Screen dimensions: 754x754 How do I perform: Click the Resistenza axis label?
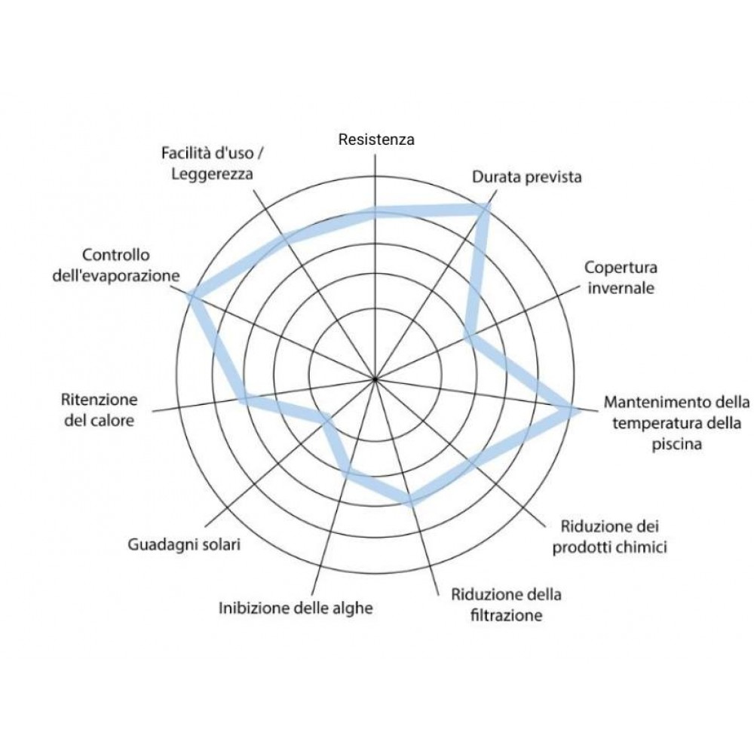coord(376,139)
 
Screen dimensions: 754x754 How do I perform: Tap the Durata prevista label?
coord(526,177)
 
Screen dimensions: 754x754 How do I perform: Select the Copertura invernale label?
coord(620,277)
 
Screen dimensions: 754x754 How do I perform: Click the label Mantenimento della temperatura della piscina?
coord(676,422)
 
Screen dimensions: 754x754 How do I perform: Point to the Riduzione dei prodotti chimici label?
coord(609,537)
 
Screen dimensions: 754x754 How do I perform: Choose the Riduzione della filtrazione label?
coord(506,605)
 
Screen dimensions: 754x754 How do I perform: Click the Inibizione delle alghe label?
coord(296,608)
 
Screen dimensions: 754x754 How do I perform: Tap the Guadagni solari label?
coord(184,544)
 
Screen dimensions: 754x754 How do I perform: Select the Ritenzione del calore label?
coord(99,409)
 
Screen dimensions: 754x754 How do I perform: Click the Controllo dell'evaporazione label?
coord(116,265)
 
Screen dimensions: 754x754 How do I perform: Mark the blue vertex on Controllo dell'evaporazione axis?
coord(191,293)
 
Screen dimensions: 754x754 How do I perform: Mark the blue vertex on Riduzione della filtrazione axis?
coord(410,499)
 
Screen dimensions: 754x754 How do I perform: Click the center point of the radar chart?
coord(375,379)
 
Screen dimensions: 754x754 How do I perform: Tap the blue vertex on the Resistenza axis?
coord(375,212)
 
